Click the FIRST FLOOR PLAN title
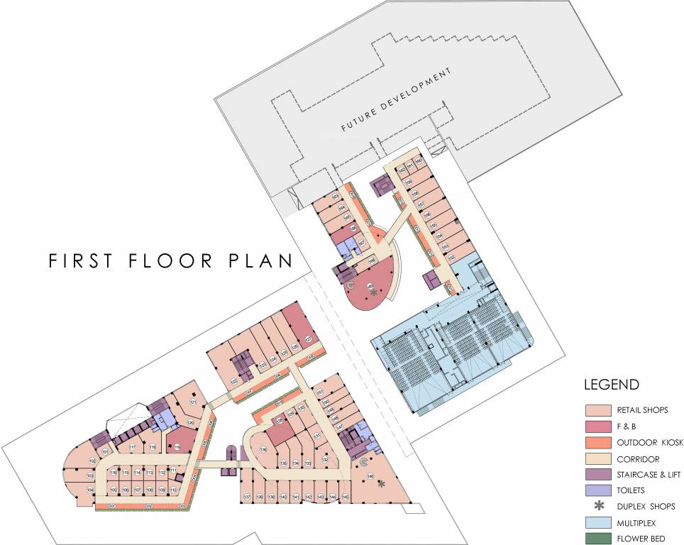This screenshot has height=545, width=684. coord(170,260)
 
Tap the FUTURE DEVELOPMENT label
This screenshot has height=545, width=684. coord(396,101)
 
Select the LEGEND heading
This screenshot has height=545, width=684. coord(611,385)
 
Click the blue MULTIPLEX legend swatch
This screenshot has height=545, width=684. coord(597,522)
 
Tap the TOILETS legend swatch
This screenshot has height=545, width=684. coord(597,490)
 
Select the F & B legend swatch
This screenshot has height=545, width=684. coord(597,426)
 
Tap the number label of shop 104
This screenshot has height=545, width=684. coord(90,490)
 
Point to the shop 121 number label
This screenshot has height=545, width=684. coord(192,403)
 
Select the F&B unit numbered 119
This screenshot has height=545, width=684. coord(177,446)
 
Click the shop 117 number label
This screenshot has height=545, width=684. coord(132,447)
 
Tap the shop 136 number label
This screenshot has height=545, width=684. coord(263,449)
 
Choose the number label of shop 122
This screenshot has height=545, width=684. coord(233,381)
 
